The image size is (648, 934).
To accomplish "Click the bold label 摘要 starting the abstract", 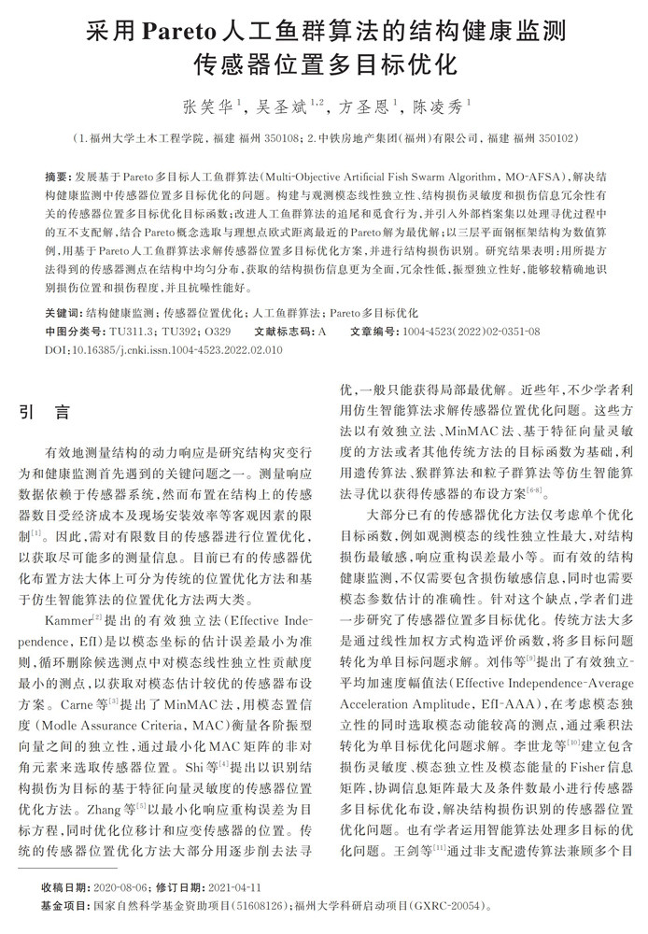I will point(57,177).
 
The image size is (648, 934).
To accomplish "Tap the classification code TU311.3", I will point(131,331).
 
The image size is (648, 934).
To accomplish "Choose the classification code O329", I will point(218,331).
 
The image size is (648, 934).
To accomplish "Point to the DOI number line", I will point(163,348).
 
